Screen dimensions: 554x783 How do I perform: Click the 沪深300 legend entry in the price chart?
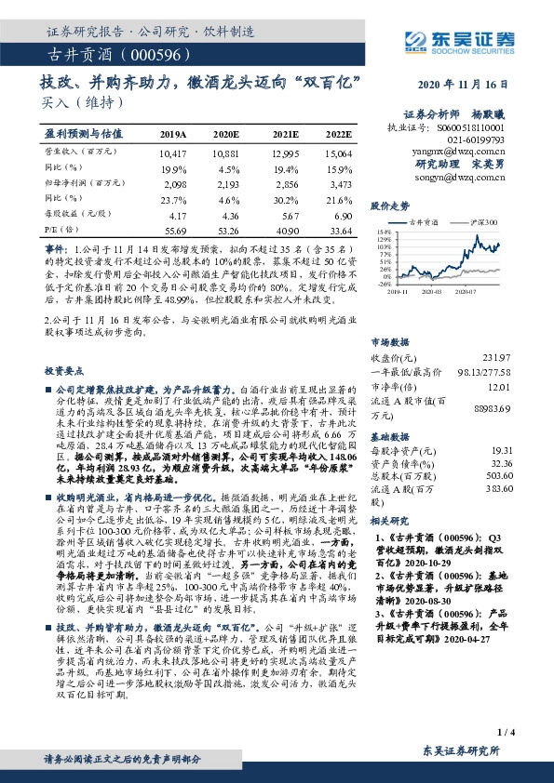(x=483, y=222)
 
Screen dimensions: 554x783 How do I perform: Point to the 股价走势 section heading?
(x=390, y=205)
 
